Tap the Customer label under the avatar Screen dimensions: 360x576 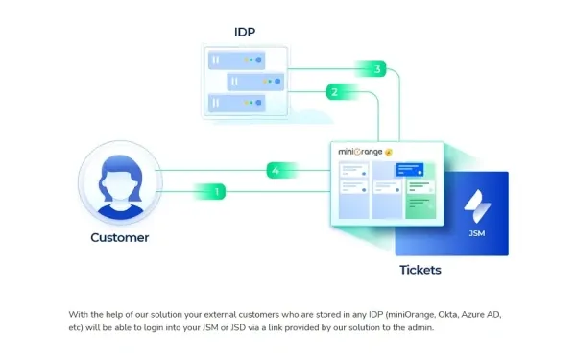pos(120,237)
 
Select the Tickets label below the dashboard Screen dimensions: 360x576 pos(420,270)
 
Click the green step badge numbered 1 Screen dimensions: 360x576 pos(218,192)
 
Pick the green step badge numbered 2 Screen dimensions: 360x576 pos(334,92)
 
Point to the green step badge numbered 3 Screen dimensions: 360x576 pos(379,69)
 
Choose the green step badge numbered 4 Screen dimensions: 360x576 pos(276,171)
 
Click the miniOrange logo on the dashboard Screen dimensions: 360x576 pos(365,152)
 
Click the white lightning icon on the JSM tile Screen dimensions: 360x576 pos(477,205)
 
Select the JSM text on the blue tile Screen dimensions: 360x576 pos(477,233)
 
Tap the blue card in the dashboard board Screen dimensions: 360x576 pos(411,169)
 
